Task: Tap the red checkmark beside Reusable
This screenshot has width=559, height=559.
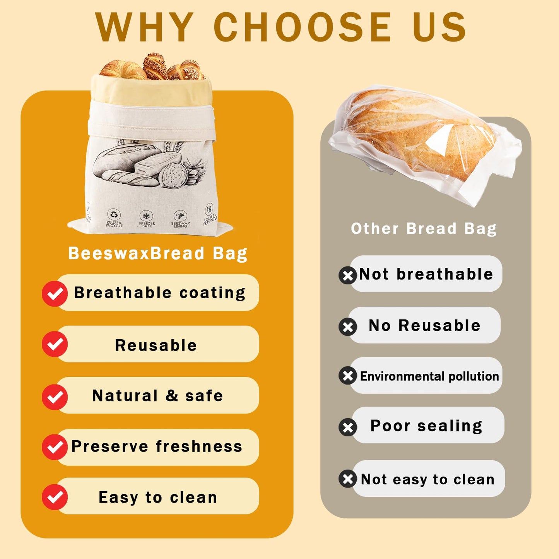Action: click(x=55, y=344)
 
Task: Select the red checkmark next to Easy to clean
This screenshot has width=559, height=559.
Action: click(x=55, y=497)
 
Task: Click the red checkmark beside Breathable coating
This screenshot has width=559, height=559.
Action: click(x=55, y=294)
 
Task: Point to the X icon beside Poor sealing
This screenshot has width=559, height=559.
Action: click(x=348, y=427)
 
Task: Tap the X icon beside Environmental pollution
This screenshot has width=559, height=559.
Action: click(x=348, y=376)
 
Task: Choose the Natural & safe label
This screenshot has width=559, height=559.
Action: click(x=157, y=396)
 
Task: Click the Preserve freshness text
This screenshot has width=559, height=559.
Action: click(x=157, y=446)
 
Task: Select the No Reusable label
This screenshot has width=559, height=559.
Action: click(x=424, y=325)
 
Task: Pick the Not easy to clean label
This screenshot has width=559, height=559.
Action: click(x=427, y=479)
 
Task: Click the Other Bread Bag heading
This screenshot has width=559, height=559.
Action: click(x=424, y=229)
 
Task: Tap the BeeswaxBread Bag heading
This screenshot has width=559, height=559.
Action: click(x=157, y=253)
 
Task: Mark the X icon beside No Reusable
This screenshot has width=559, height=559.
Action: click(x=348, y=327)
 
